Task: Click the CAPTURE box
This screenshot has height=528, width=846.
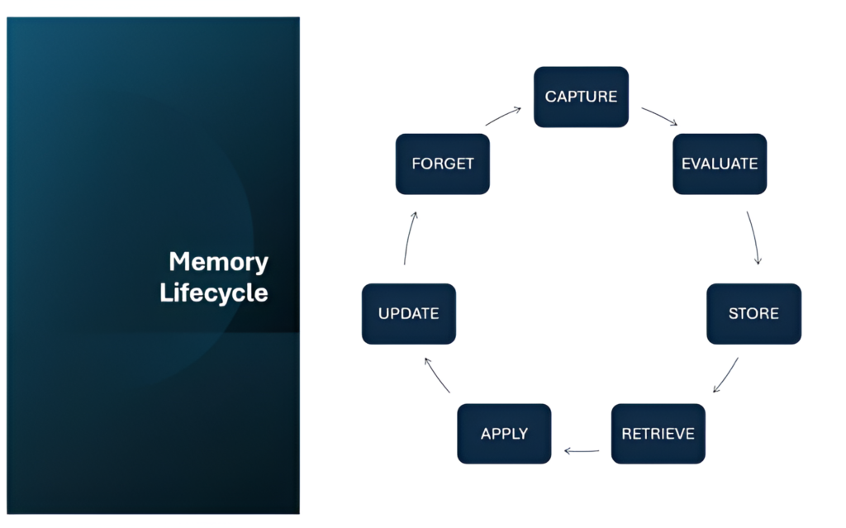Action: (581, 97)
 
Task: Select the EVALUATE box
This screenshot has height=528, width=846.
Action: (720, 164)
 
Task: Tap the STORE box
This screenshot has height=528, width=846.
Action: (753, 314)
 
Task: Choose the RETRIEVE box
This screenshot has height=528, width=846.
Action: (658, 434)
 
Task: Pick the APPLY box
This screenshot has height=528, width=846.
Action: (504, 434)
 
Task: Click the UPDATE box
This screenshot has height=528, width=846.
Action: (408, 314)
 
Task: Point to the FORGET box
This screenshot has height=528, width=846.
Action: (443, 164)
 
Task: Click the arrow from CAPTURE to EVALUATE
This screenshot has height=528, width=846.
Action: (659, 116)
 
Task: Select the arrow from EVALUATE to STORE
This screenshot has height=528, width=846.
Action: (753, 237)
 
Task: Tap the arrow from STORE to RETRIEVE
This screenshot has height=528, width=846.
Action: (726, 374)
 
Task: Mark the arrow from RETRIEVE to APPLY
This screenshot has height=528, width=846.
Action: (582, 451)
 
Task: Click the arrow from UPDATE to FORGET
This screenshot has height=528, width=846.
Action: (408, 237)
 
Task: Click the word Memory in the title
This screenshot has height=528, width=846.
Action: (218, 262)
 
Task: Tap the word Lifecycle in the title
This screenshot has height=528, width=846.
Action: (214, 293)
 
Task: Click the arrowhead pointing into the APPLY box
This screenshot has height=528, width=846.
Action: (567, 451)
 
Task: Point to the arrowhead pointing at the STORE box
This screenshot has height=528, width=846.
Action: (758, 261)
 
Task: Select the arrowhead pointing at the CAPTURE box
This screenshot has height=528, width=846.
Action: (518, 108)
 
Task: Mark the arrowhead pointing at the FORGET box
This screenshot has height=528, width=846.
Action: (415, 214)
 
